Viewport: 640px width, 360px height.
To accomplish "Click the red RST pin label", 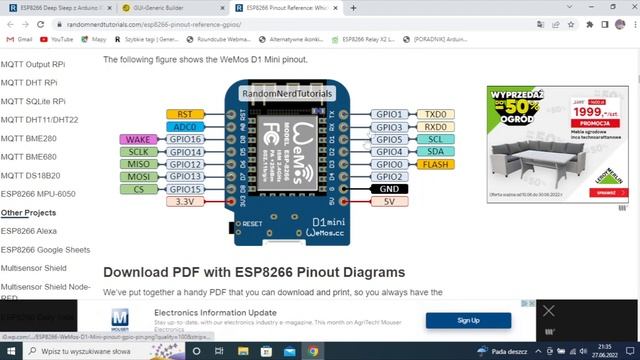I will pyautogui.click(x=184, y=115).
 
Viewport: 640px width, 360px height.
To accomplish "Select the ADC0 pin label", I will pyautogui.click(x=184, y=127).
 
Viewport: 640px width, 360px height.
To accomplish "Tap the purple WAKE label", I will pyautogui.click(x=138, y=140).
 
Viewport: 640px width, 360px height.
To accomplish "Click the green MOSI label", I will pyautogui.click(x=138, y=176).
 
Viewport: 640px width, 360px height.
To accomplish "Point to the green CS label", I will pyautogui.click(x=138, y=188).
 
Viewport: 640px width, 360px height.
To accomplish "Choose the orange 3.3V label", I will pyautogui.click(x=184, y=201).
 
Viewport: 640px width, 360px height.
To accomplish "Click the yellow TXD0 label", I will pyautogui.click(x=435, y=115).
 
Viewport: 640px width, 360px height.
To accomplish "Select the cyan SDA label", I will pyautogui.click(x=435, y=152).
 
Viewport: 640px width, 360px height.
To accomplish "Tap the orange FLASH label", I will pyautogui.click(x=435, y=164).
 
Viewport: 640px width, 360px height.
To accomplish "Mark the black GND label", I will pyautogui.click(x=389, y=188).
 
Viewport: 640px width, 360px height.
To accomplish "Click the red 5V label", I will pyautogui.click(x=389, y=201).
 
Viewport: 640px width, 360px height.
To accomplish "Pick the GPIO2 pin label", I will pyautogui.click(x=389, y=176).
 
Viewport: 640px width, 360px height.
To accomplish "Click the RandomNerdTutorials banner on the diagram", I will pyautogui.click(x=287, y=93).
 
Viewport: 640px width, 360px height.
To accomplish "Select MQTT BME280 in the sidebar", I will pyautogui.click(x=29, y=138).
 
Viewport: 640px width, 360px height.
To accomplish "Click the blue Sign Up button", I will pyautogui.click(x=468, y=320).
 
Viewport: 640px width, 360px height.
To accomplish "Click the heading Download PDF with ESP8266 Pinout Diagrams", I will pyautogui.click(x=254, y=272).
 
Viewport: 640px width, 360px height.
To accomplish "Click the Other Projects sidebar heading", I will pyautogui.click(x=28, y=212).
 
